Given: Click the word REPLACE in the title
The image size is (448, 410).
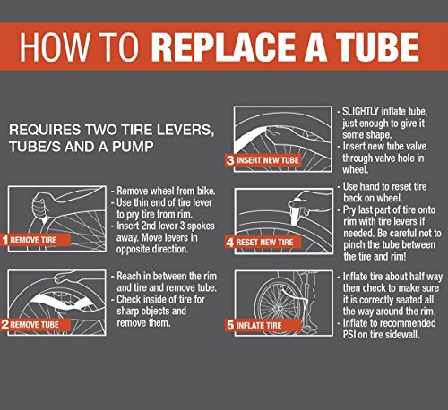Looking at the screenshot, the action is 225,47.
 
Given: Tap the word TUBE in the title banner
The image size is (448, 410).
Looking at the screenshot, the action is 377,47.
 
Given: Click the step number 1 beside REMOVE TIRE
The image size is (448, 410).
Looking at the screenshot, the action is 5,240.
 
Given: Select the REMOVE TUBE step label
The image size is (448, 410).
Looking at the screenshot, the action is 35,325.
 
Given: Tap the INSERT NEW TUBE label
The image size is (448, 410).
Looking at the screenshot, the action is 268,160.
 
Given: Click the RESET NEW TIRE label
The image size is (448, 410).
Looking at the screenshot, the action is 264,243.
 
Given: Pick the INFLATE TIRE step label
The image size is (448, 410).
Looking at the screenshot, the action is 259,325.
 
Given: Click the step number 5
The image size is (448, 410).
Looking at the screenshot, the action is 230,325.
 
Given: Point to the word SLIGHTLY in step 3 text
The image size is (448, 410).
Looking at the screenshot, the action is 360,112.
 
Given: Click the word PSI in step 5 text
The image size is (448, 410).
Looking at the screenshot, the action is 349,335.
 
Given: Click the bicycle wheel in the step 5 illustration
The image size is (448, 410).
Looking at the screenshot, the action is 275,303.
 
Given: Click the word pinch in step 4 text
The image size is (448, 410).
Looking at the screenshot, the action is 354,244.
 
